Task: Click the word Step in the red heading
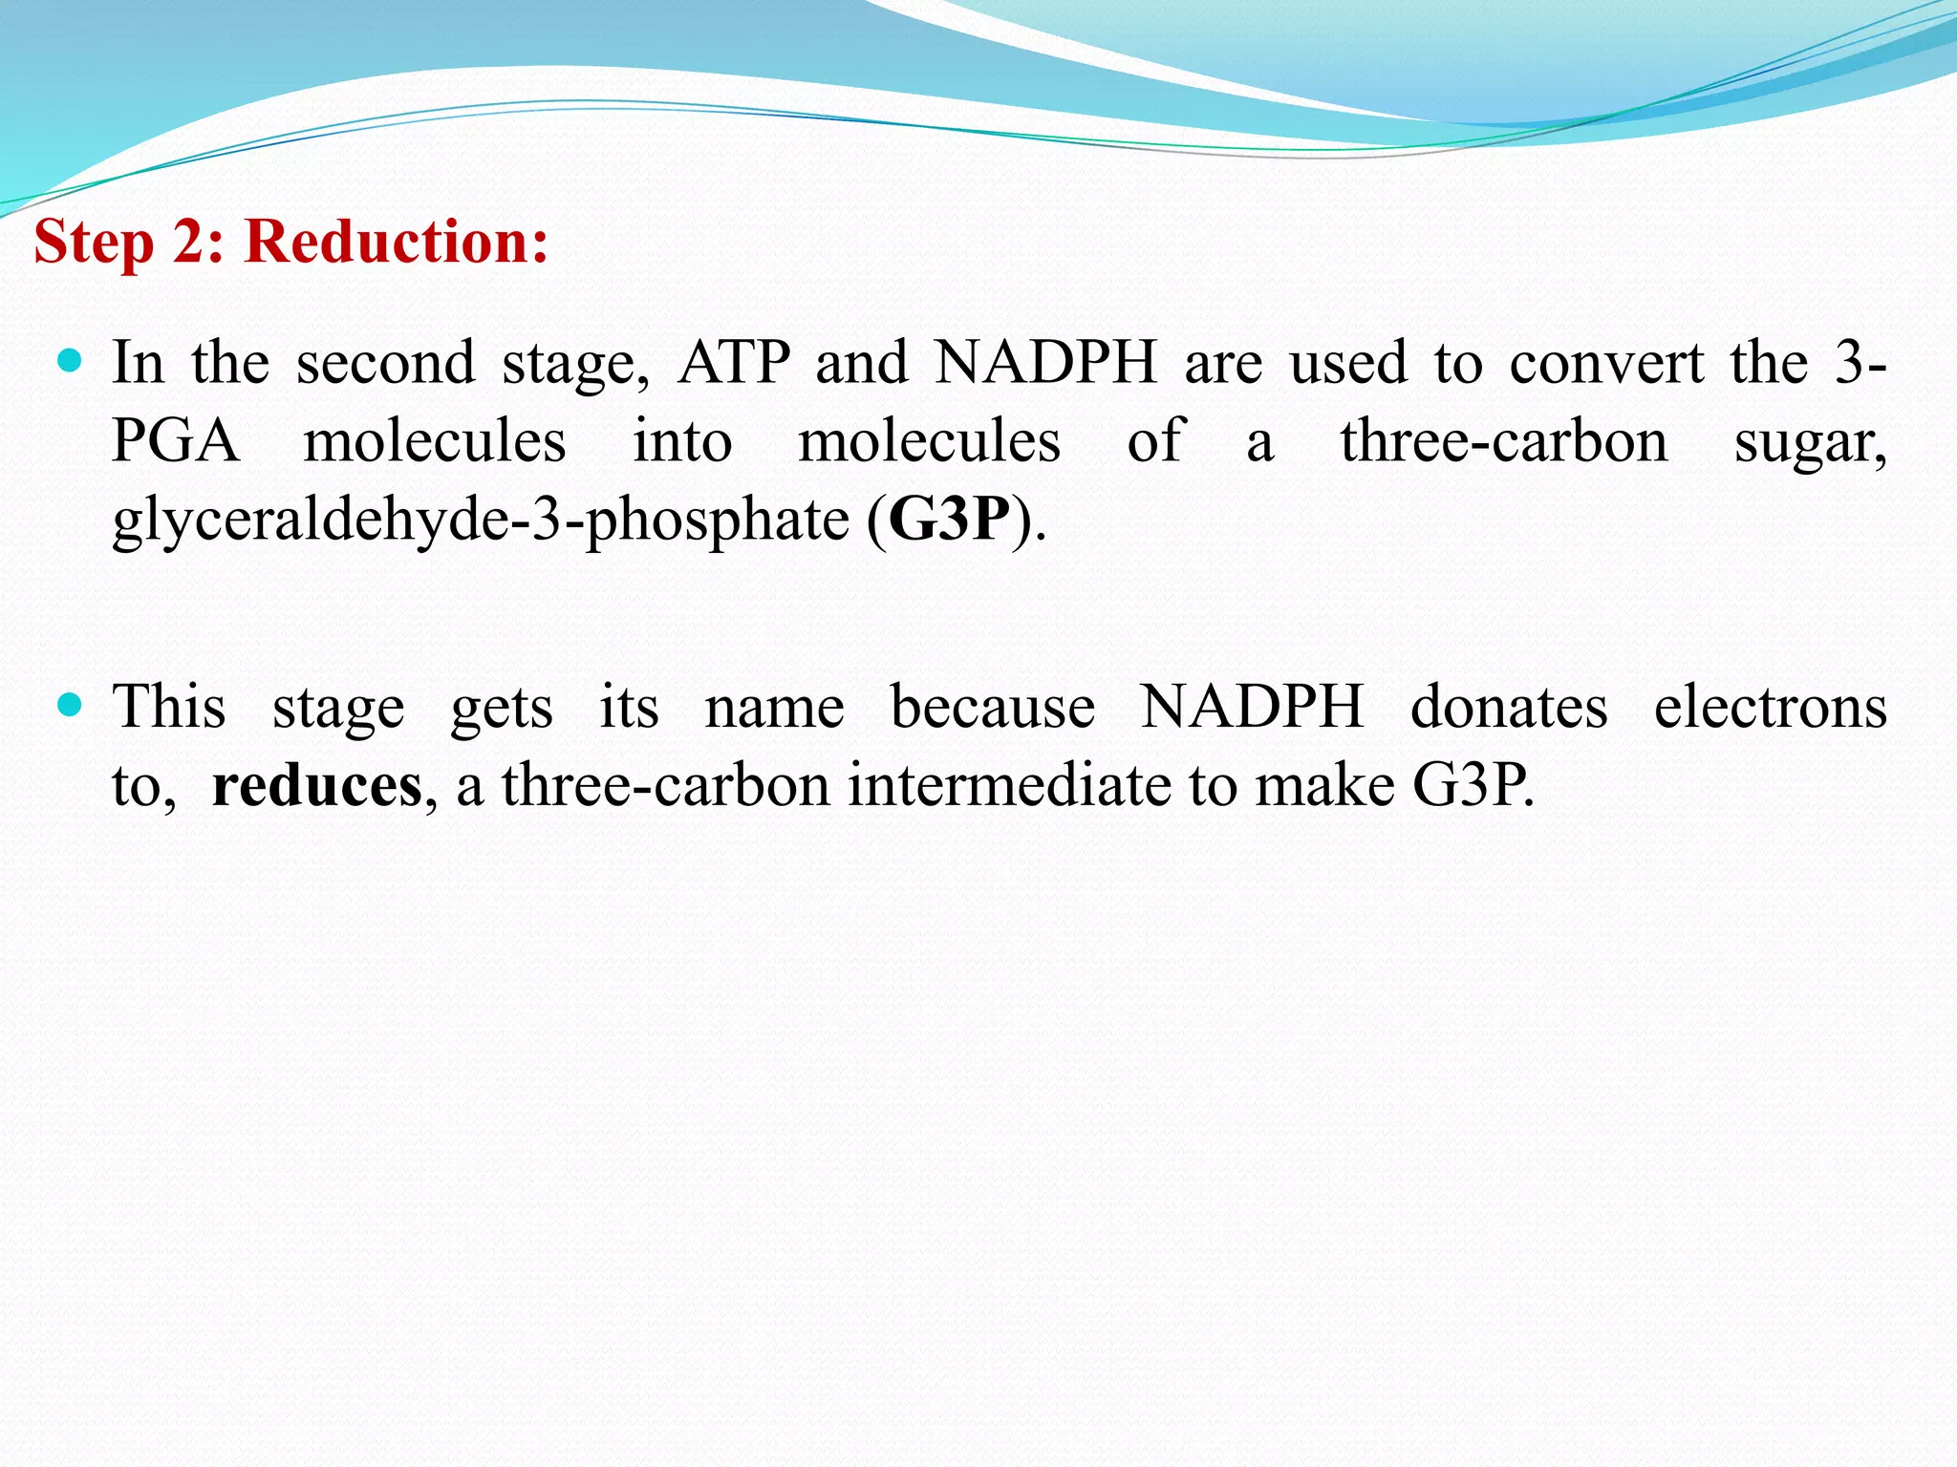click(94, 242)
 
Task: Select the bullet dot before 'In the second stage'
click(70, 361)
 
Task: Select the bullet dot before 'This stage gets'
click(70, 706)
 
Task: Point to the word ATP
click(734, 363)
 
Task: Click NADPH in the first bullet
click(1045, 363)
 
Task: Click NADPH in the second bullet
click(1252, 708)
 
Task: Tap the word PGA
click(176, 441)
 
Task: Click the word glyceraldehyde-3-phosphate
click(481, 521)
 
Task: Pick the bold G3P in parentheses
click(949, 521)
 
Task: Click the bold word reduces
click(316, 786)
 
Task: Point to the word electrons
click(1770, 708)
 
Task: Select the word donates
click(1509, 708)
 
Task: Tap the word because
click(993, 708)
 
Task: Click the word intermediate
click(1011, 786)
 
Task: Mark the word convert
click(1606, 363)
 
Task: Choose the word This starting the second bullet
click(169, 708)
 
